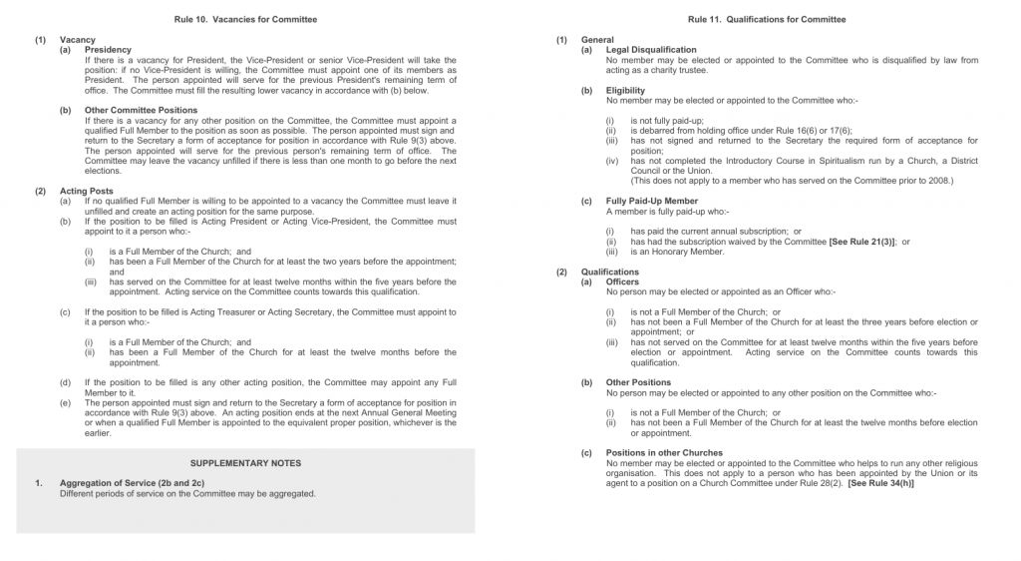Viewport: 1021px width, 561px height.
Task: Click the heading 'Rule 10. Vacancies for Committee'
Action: (245, 19)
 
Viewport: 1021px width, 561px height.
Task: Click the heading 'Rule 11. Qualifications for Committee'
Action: (767, 19)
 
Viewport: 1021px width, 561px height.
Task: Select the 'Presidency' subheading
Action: (108, 50)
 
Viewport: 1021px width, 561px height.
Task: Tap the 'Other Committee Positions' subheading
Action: (141, 110)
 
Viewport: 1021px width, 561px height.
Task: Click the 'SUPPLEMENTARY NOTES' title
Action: (245, 463)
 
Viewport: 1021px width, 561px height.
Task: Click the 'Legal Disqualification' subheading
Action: (651, 50)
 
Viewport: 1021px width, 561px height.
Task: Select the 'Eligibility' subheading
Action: (625, 90)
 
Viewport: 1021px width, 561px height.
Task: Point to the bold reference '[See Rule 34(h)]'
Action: (881, 484)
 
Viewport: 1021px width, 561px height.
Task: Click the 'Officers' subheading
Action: (624, 281)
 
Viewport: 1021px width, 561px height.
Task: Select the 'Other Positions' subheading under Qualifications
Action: (638, 382)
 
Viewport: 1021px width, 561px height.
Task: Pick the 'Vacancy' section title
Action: (77, 40)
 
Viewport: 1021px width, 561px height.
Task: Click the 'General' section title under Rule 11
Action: (597, 40)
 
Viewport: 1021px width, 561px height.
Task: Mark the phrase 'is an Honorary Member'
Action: (677, 252)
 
